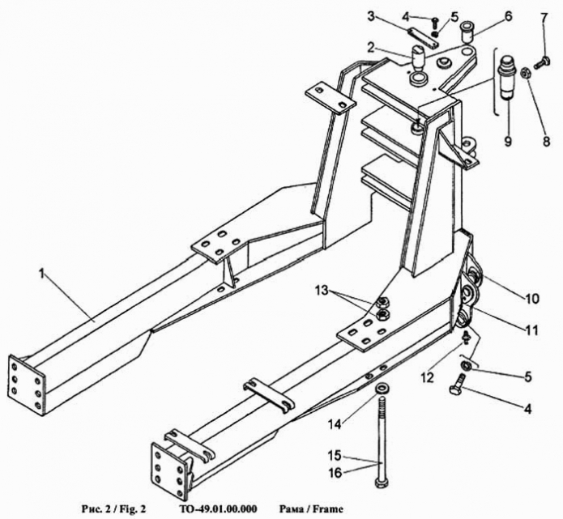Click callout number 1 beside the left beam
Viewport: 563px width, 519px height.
coord(41,274)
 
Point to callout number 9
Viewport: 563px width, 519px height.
coord(508,140)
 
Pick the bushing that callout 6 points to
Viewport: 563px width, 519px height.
coord(467,32)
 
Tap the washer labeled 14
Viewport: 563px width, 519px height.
coord(381,389)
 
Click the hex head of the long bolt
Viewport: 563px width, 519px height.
coord(381,481)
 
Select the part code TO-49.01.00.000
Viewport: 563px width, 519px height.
coord(217,508)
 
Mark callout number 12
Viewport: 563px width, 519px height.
coord(427,377)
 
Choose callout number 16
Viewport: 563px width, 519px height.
coord(335,473)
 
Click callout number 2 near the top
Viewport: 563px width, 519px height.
coord(371,46)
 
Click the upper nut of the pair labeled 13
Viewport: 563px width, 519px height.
coord(381,302)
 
